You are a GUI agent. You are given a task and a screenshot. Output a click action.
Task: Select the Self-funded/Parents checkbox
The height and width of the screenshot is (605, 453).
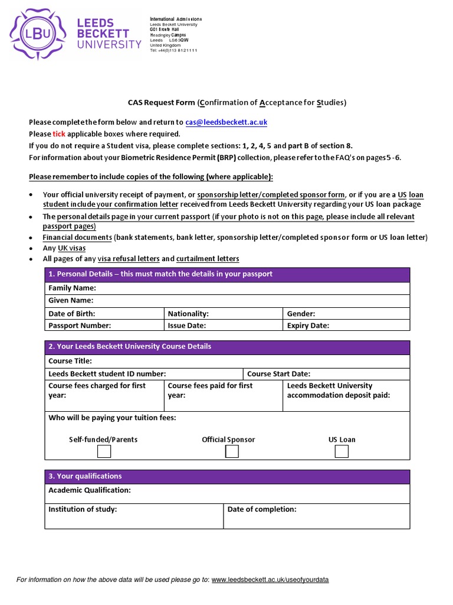click(x=104, y=452)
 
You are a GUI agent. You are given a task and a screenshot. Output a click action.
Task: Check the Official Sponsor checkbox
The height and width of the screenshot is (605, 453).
click(x=232, y=452)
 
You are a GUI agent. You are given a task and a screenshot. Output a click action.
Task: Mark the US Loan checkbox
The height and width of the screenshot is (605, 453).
click(x=342, y=452)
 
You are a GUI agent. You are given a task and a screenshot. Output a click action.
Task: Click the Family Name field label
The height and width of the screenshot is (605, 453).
click(x=72, y=288)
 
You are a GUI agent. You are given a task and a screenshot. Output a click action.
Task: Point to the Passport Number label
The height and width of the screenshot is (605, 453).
click(x=80, y=325)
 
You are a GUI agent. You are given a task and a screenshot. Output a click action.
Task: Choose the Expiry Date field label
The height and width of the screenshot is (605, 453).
click(x=308, y=325)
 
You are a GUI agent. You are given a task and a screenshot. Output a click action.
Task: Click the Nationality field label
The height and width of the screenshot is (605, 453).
click(x=188, y=314)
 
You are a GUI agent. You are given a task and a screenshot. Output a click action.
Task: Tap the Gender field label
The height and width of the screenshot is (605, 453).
click(x=301, y=314)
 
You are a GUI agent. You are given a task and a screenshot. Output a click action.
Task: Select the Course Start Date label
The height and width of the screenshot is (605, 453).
click(x=278, y=373)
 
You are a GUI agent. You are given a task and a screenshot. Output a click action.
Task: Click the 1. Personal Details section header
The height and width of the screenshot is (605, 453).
click(x=160, y=274)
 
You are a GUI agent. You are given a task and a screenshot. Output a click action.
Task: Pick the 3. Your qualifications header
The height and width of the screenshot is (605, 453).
click(x=85, y=476)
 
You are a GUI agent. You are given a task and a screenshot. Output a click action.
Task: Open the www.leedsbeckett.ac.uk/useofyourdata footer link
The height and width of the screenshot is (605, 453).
click(x=270, y=580)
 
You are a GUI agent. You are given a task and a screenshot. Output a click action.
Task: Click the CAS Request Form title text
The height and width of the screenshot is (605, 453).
click(x=161, y=102)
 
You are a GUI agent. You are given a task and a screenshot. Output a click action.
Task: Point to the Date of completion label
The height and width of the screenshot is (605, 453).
click(x=262, y=509)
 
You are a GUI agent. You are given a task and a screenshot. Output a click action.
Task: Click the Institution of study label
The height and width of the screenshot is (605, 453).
click(x=83, y=509)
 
